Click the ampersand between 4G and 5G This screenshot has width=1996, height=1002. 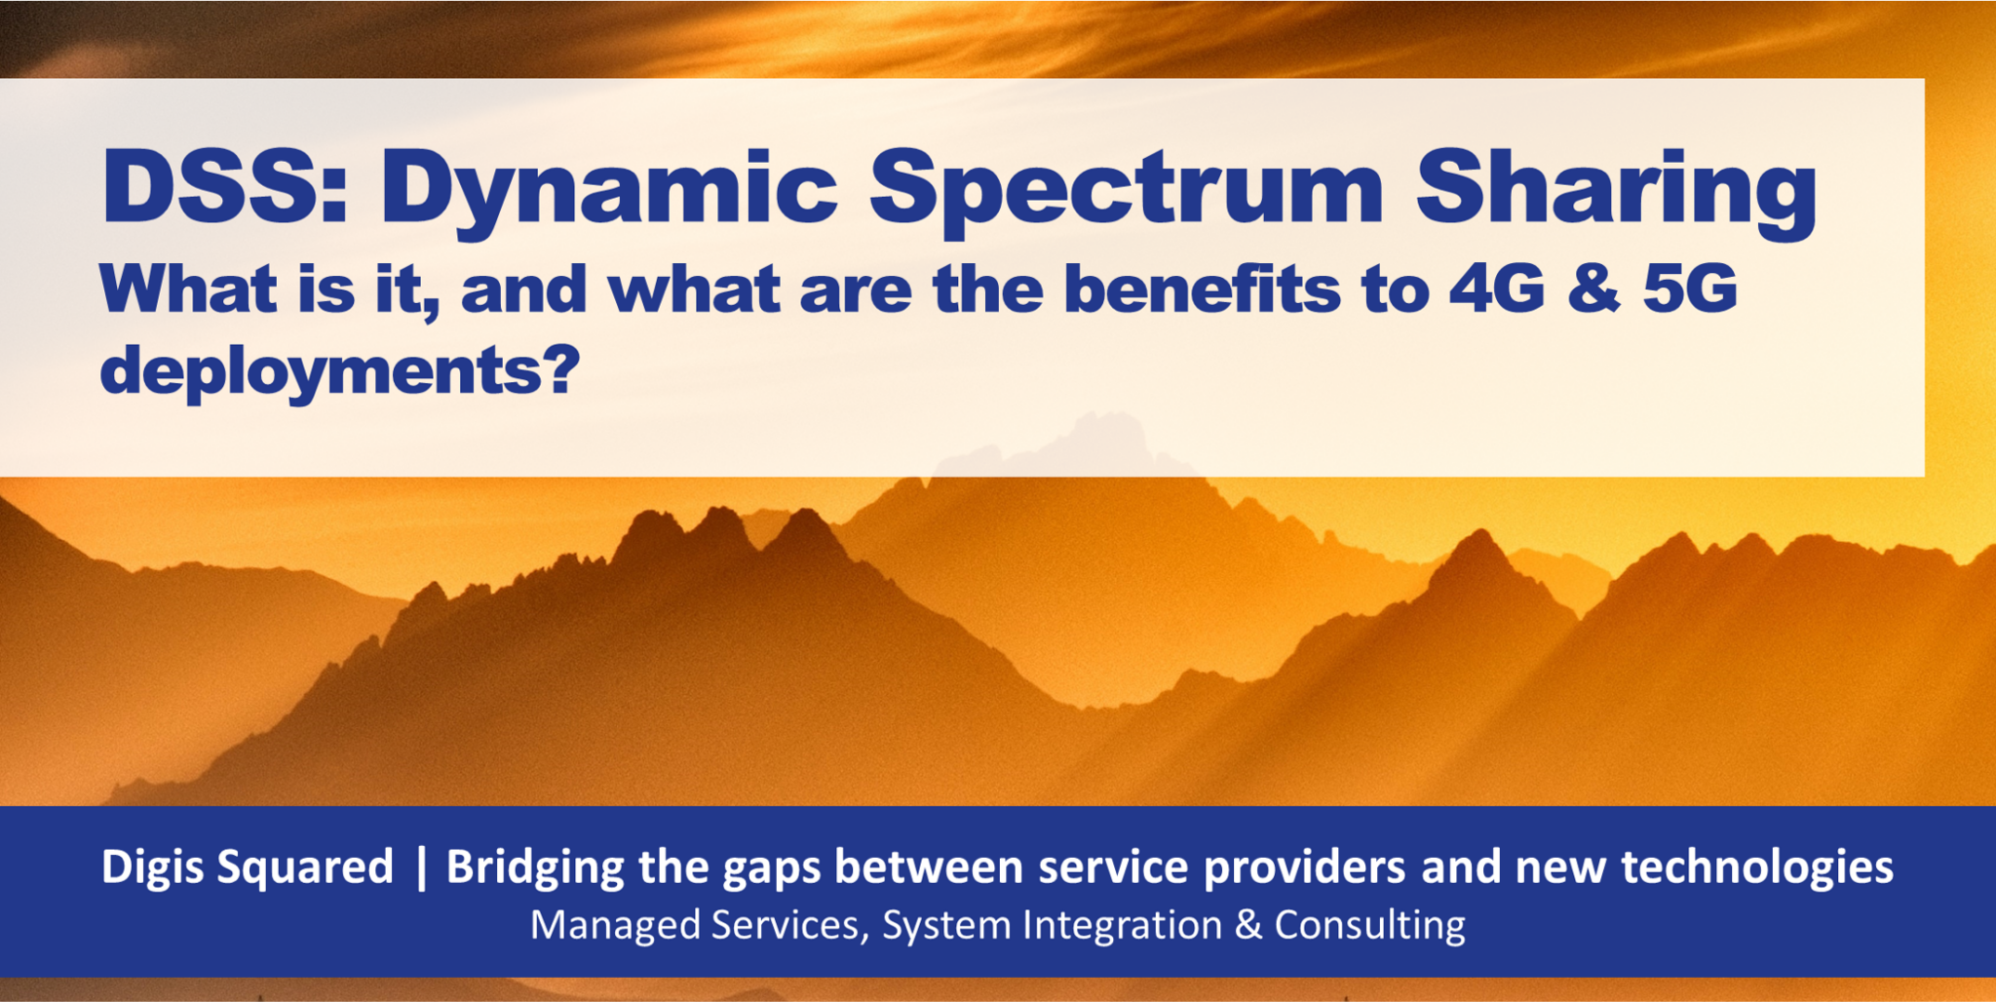[1593, 289]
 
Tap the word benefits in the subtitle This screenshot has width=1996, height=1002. [1202, 289]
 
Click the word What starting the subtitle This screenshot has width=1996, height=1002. [188, 289]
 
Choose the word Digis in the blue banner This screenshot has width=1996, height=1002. [151, 867]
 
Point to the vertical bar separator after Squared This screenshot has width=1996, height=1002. [421, 867]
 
